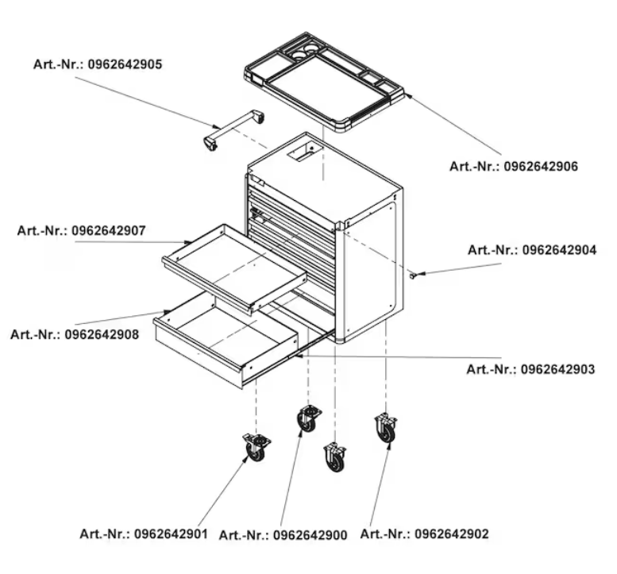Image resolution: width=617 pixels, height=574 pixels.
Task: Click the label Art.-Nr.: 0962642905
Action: (x=98, y=64)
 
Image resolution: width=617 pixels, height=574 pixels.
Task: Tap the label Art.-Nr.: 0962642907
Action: (x=81, y=231)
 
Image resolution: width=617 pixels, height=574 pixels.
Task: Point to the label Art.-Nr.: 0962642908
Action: (x=75, y=334)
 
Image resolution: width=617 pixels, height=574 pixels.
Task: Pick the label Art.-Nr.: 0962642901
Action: (x=143, y=534)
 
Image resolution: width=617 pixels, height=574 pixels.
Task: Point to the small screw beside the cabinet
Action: (x=415, y=275)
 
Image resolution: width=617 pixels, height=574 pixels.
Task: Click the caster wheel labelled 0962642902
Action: (x=385, y=429)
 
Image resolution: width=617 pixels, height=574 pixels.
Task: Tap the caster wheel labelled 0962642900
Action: (x=307, y=418)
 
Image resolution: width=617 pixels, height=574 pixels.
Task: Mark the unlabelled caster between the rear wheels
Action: (x=335, y=457)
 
